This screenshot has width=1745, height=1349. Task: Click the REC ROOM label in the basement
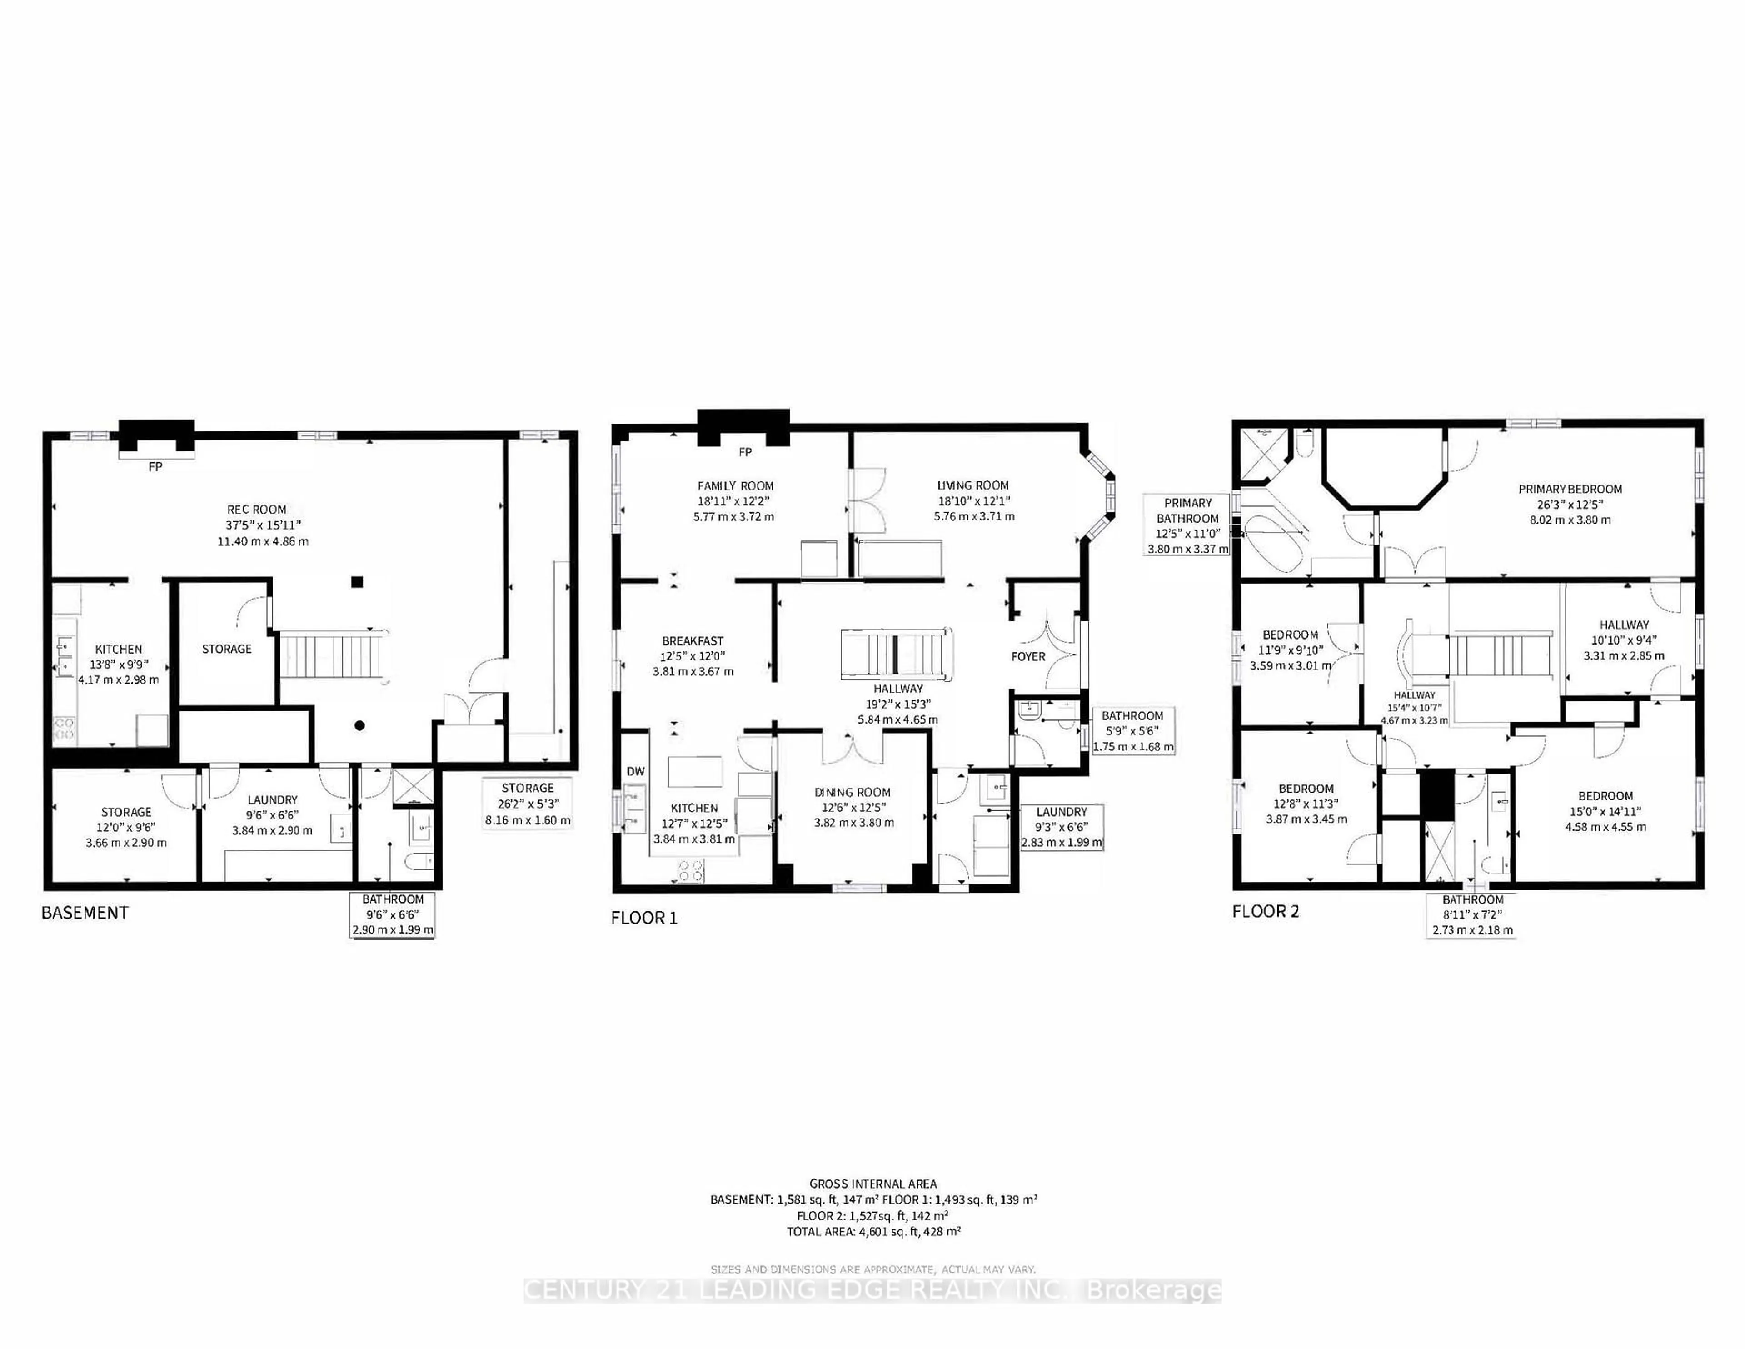coord(256,509)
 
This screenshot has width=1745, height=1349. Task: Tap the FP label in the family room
coord(745,452)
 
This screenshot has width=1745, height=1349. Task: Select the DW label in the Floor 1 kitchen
coord(635,771)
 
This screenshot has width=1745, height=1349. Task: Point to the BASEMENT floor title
coord(85,913)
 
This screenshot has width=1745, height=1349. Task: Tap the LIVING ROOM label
coord(972,485)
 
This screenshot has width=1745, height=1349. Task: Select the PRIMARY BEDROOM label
coord(1569,488)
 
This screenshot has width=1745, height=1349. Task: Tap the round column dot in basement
coord(359,726)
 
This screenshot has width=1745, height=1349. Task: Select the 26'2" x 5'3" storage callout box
coord(527,804)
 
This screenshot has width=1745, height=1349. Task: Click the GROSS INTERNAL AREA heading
coord(872,1184)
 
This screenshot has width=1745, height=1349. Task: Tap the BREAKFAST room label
coord(692,641)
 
